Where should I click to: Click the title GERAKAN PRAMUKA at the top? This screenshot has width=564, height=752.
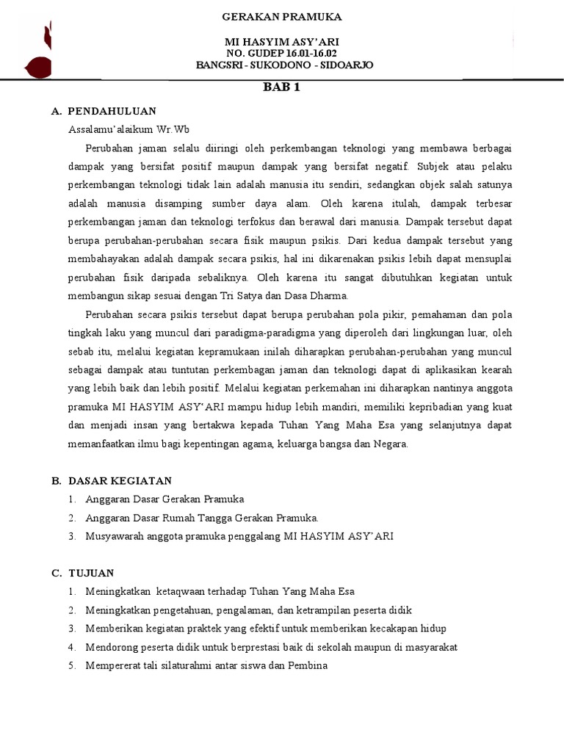pyautogui.click(x=282, y=17)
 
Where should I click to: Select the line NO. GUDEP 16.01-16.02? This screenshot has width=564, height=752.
pyautogui.click(x=282, y=54)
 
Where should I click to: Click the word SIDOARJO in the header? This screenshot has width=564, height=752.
pyautogui.click(x=347, y=65)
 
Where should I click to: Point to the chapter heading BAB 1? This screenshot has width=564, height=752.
pyautogui.click(x=282, y=87)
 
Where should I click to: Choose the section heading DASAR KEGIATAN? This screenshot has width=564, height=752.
pyautogui.click(x=120, y=481)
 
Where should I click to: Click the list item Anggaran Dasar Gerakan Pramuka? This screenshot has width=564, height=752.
pyautogui.click(x=164, y=499)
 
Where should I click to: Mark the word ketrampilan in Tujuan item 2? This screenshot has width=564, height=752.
pyautogui.click(x=306, y=610)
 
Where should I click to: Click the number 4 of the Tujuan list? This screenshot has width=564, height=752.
pyautogui.click(x=71, y=647)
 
